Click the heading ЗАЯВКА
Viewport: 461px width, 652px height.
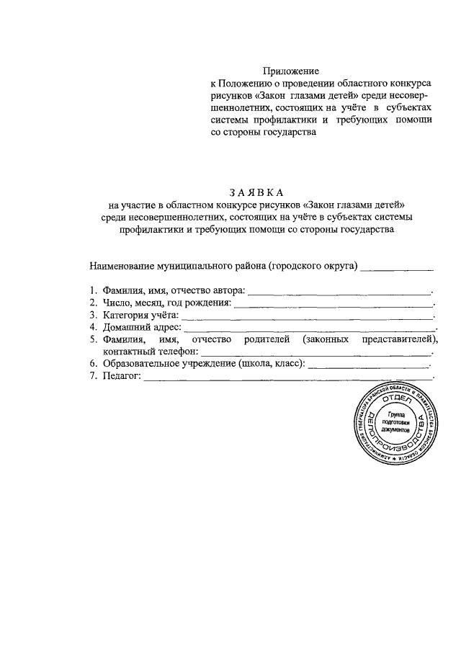point(256,192)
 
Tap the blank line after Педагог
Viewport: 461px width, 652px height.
point(288,378)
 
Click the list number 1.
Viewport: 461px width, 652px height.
point(93,290)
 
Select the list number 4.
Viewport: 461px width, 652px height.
point(93,327)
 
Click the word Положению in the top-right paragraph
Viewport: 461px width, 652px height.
point(243,84)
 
